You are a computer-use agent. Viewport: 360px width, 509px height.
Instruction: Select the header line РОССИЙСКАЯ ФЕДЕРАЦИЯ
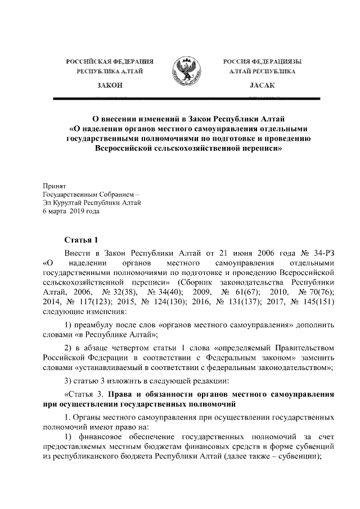pyautogui.click(x=110, y=61)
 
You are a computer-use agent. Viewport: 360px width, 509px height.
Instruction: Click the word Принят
pyautogui.click(x=55, y=185)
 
